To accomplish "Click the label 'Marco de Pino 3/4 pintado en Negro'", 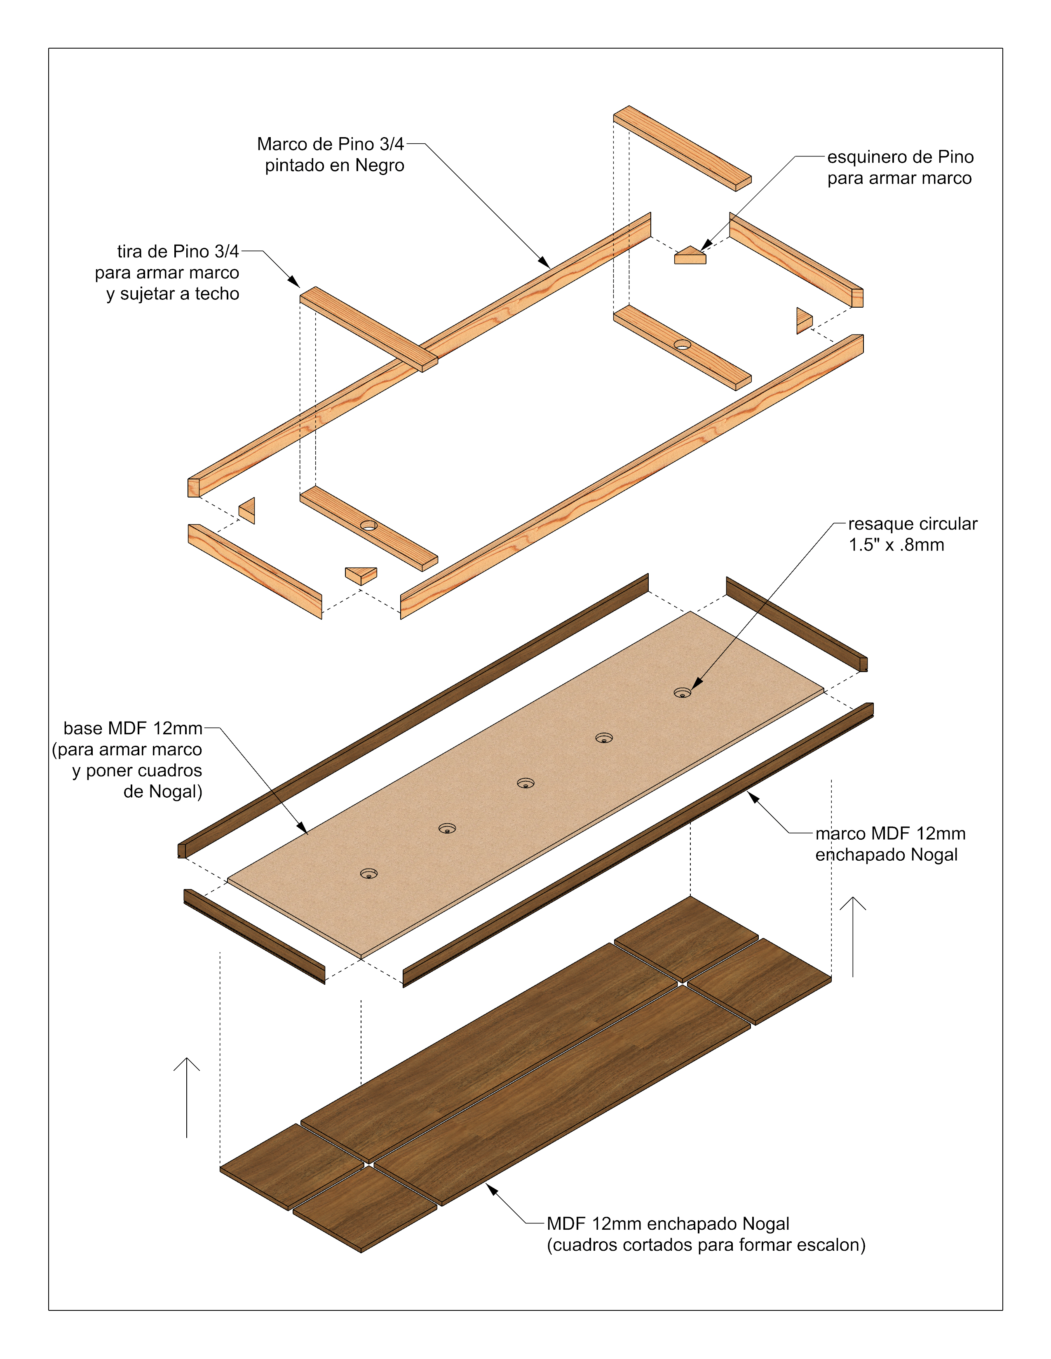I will click(331, 154).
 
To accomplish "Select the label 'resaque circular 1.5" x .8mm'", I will click(912, 534).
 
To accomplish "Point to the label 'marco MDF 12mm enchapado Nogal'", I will click(890, 844).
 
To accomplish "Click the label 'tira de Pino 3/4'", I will click(178, 251).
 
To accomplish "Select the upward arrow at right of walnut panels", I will click(852, 936).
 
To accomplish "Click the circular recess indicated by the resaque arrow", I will click(683, 693).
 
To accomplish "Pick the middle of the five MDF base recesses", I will click(525, 783).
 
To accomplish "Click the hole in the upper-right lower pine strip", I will click(683, 345).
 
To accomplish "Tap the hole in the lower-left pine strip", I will click(368, 525).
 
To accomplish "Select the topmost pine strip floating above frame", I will click(683, 148).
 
